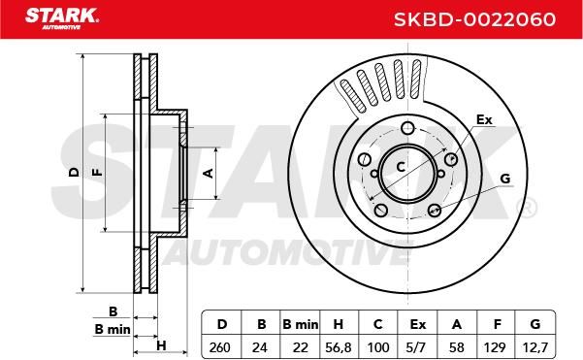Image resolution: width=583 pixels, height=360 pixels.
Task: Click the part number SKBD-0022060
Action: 474,19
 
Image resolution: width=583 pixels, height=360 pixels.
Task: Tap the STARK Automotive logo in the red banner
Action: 62,17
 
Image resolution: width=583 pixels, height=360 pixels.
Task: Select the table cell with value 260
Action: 220,347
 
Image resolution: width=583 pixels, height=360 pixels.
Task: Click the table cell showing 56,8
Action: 338,347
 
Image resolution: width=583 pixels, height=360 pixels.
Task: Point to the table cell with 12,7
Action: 534,347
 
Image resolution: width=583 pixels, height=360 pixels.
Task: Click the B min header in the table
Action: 301,324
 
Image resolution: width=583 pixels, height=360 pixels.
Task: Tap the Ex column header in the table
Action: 417,324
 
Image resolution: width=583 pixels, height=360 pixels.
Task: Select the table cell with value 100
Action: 378,347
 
